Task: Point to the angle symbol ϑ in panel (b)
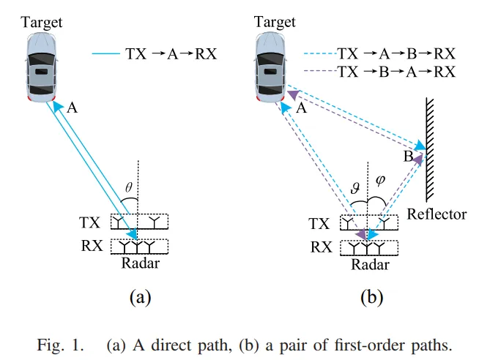[x=356, y=189]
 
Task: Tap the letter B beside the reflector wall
[x=408, y=157]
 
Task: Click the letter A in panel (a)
[x=72, y=108]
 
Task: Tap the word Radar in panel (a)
[x=140, y=263]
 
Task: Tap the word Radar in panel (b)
[x=369, y=264]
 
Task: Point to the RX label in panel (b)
[x=321, y=247]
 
